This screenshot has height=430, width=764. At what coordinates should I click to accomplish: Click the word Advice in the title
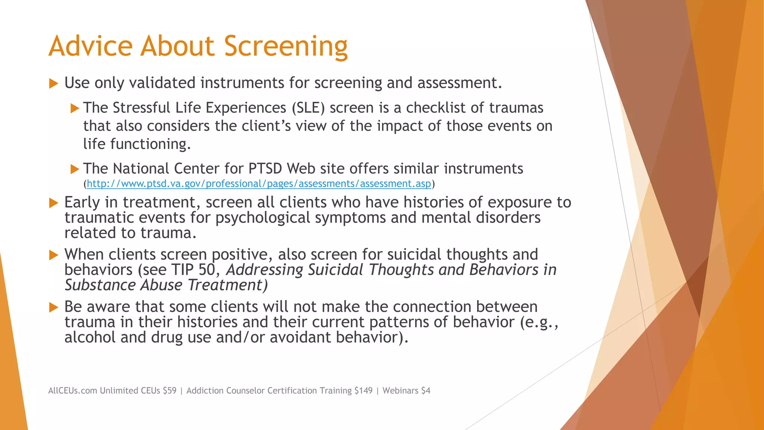point(90,46)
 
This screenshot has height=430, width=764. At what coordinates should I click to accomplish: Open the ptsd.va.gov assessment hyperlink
point(259,184)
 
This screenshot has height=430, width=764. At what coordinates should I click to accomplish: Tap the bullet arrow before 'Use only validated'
point(54,84)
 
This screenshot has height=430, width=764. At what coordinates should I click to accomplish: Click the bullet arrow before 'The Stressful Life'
point(75,109)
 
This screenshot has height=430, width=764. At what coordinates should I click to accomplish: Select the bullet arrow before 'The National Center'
point(75,169)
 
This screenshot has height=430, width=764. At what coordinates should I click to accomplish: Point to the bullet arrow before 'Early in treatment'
point(54,203)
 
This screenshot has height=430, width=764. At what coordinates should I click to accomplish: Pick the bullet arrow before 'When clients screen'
point(54,255)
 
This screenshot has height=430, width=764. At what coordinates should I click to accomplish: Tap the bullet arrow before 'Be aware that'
point(54,308)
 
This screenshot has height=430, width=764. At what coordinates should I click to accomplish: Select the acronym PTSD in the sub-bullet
point(265,169)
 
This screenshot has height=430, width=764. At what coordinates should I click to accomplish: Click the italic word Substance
point(100,285)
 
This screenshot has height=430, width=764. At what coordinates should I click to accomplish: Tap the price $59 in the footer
point(169,391)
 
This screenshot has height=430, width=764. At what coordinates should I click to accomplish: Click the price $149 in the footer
point(363,391)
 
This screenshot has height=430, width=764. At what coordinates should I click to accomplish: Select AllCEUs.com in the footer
point(72,391)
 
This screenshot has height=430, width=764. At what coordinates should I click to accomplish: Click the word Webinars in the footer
point(400,391)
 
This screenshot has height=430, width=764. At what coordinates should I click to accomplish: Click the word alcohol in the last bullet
point(90,337)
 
